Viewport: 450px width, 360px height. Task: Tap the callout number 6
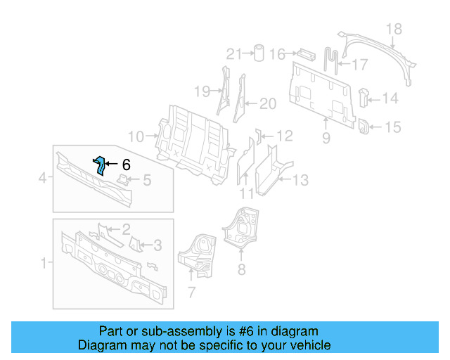126,165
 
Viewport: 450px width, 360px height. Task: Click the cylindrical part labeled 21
259,53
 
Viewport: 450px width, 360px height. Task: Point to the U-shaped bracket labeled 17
331,58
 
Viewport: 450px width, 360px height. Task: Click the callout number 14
390,98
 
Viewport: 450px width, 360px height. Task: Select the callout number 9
326,139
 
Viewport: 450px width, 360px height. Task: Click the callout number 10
136,136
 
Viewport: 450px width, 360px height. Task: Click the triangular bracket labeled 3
136,245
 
